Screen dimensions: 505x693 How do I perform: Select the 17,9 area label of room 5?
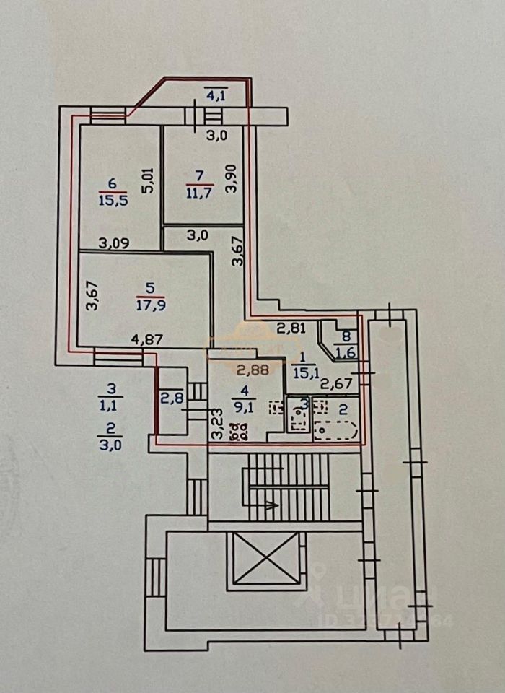coord(149,304)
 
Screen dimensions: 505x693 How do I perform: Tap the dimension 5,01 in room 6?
coord(148,180)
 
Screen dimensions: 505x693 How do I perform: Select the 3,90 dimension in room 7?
coord(232,177)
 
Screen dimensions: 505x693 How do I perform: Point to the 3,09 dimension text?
coord(114,243)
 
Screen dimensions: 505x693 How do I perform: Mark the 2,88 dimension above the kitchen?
coord(252,371)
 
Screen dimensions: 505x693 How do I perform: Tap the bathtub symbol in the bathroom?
coord(336,431)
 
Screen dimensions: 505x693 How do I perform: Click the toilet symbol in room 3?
coord(297,418)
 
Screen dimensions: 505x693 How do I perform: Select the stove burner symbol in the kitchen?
coord(237,434)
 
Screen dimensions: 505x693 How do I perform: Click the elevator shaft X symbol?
coord(267,558)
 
